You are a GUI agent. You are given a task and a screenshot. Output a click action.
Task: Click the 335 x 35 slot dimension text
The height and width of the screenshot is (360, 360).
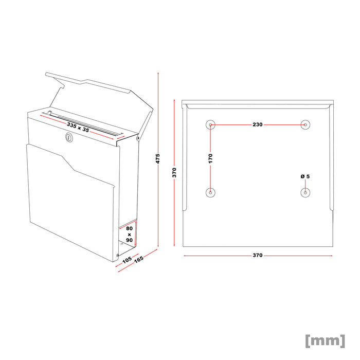tap(78, 128)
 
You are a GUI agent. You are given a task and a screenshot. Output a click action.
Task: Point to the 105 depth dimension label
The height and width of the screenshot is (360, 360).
tap(127, 260)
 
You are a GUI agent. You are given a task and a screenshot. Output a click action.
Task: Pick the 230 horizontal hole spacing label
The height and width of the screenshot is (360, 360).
tap(257, 125)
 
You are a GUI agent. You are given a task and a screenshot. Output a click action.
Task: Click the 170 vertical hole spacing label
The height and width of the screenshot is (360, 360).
tap(210, 158)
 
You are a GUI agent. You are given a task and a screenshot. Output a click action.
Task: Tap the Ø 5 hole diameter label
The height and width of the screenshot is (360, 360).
tap(305, 176)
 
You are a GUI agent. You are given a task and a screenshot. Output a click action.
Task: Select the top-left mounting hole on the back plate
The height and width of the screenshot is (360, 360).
tap(210, 124)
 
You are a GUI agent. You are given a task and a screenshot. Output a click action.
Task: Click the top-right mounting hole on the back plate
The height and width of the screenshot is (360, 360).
tap(305, 124)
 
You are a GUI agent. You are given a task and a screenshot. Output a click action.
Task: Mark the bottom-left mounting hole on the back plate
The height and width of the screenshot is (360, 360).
tap(210, 192)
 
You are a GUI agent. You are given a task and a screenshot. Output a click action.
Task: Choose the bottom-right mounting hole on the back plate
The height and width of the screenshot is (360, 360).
tap(305, 192)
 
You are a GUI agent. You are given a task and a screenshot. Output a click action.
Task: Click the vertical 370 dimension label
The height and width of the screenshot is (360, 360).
tap(175, 172)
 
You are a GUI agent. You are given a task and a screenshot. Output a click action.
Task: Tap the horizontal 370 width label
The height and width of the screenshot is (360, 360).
tap(258, 255)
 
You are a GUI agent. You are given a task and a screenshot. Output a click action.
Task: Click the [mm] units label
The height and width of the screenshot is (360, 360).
tap(325, 340)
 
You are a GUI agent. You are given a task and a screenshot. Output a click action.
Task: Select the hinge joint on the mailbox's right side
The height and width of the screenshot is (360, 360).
tap(138, 137)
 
